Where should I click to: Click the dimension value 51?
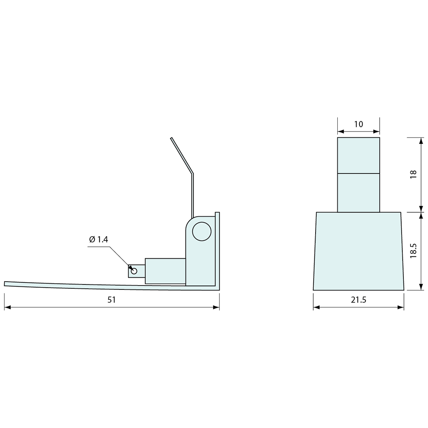[x=112, y=300]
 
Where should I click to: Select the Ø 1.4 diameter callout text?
[x=98, y=240]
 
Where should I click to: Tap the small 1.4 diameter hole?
[x=134, y=271]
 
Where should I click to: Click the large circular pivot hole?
[x=202, y=231]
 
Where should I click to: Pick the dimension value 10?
[x=358, y=124]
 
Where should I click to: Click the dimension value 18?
[x=413, y=174]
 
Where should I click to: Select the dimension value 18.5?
[x=413, y=251]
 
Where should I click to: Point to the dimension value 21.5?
[x=358, y=300]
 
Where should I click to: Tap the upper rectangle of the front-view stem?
[x=358, y=155]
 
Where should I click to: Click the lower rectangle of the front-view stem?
[x=358, y=193]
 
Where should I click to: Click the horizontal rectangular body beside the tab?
[x=165, y=271]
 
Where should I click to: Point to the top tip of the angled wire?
[x=171, y=138]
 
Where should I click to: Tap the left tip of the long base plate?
[x=5, y=283]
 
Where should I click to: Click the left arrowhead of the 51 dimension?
[x=7, y=307]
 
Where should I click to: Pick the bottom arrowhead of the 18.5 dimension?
[x=421, y=288]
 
